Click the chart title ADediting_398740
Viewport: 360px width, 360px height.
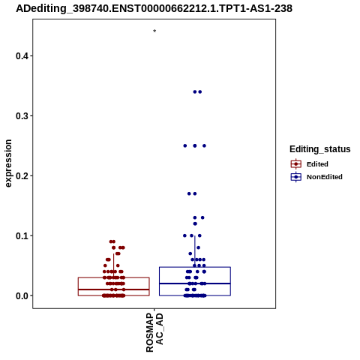click(154, 8)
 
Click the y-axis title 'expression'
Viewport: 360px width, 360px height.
click(8, 163)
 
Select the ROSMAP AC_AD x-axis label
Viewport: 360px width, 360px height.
click(154, 332)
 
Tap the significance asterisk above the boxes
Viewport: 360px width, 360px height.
click(154, 31)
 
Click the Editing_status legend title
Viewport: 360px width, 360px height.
click(319, 149)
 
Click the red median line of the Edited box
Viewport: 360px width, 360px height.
click(114, 289)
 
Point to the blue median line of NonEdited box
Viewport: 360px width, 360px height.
click(195, 283)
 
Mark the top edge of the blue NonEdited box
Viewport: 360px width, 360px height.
click(195, 267)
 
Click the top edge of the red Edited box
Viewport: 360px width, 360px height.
click(114, 277)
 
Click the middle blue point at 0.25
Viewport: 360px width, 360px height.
click(195, 145)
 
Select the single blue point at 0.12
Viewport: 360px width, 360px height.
click(195, 223)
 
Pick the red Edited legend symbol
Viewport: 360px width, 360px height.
click(296, 164)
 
